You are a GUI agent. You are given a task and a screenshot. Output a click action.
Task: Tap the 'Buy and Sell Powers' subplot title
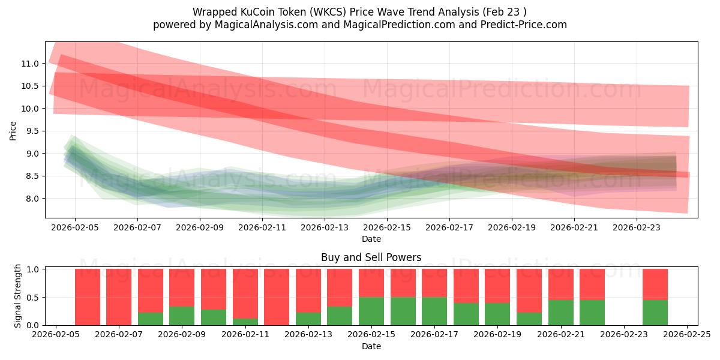pos(371,257)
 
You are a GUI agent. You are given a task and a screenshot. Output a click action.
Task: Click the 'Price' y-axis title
pos(13,131)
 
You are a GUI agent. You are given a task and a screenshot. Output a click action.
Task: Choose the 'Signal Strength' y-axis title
pos(18,296)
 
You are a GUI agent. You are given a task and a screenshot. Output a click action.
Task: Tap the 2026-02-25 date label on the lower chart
pos(687,335)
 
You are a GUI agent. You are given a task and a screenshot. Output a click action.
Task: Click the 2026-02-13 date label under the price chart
pos(325,227)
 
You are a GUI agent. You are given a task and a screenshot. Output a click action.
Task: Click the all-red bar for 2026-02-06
pos(88,297)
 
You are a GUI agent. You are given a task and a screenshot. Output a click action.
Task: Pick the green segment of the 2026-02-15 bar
pos(371,311)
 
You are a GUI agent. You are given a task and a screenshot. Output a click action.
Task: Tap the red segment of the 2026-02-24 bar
pos(655,284)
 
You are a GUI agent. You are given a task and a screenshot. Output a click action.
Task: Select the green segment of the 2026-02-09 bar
pos(182,316)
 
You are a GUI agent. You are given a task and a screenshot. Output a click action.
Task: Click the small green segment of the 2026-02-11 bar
pos(245,322)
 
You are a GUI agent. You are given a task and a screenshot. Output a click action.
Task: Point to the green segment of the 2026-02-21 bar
pos(560,312)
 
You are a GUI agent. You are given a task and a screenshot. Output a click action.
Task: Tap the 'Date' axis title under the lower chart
pos(371,346)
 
